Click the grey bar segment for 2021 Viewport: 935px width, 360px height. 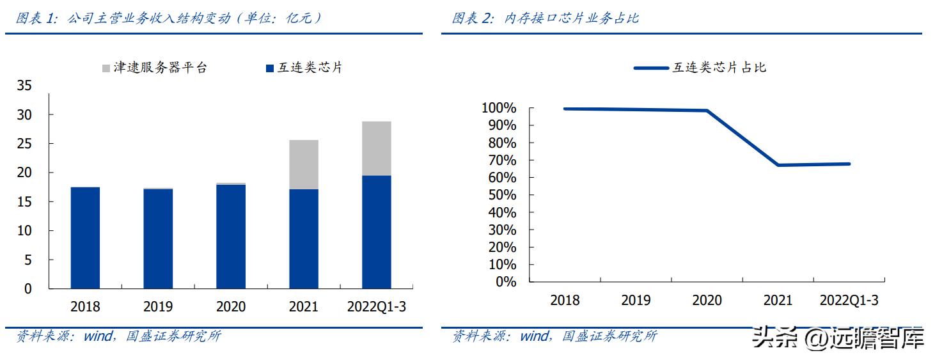coord(303,164)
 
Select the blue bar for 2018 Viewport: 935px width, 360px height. coord(85,237)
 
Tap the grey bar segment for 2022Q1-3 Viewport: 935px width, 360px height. coord(376,148)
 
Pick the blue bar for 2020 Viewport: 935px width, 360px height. coord(231,236)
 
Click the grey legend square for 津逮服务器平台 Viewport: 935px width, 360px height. coord(106,68)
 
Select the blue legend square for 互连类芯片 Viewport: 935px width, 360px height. coord(269,68)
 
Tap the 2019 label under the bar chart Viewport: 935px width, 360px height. coord(158,307)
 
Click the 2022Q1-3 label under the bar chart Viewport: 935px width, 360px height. coord(376,307)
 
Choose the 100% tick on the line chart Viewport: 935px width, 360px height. coord(499,107)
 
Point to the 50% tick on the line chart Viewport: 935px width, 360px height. coord(502,194)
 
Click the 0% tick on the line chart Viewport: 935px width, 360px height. coord(505,281)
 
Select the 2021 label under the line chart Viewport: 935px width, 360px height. coord(778,301)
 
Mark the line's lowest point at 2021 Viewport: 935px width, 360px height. coord(778,165)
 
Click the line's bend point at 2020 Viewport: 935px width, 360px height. coord(707,111)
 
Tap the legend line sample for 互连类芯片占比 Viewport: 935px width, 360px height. coord(650,68)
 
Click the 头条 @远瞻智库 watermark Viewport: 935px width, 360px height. coord(838,337)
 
